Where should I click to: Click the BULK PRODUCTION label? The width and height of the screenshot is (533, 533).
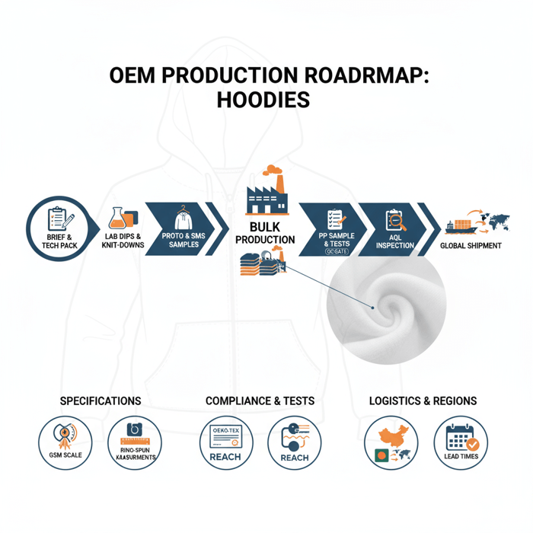265,233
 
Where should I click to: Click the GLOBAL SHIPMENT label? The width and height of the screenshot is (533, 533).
471,245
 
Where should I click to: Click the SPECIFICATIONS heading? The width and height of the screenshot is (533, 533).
100,401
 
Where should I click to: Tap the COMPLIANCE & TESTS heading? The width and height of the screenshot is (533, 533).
260,401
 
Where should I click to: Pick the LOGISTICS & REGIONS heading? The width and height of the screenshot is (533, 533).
423,401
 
